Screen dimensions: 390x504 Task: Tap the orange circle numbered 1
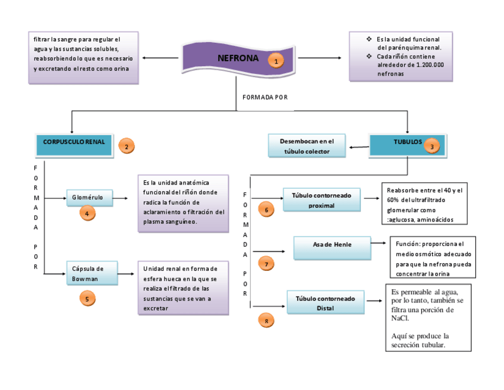point(275,60)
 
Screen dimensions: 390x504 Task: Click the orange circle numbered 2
point(126,146)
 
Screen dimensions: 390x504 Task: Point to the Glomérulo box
point(89,198)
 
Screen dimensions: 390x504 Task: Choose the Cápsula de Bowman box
point(92,273)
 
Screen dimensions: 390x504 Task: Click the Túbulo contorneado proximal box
point(322,200)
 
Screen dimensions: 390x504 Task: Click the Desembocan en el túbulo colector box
point(307,146)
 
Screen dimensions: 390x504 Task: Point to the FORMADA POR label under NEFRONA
point(265,97)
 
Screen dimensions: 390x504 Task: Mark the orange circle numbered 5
point(87,299)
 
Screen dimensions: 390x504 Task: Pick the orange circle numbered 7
point(266,263)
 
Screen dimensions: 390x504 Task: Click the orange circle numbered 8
point(266,321)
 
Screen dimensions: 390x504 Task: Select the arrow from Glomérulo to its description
point(121,198)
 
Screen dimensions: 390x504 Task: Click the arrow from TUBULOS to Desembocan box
point(358,146)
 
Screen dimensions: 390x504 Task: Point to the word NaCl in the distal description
point(400,318)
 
